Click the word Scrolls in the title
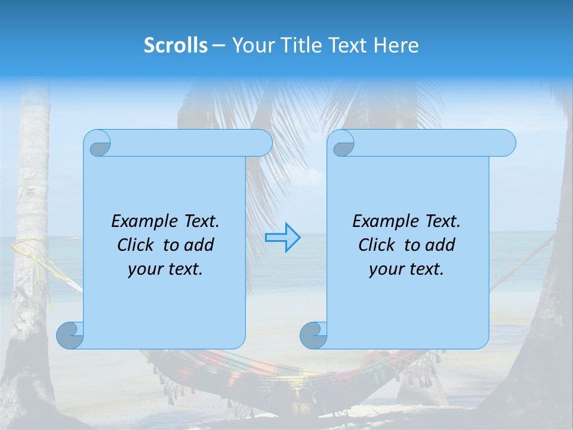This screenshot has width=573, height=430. [176, 45]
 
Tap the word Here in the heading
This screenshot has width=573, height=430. [396, 45]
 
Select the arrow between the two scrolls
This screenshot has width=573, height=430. [282, 237]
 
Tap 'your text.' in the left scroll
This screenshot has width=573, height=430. [165, 269]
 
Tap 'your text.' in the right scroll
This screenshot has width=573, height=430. [406, 269]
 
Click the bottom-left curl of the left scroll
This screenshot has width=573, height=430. [70, 335]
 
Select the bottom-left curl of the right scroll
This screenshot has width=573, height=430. [313, 335]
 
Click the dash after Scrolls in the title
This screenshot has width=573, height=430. [219, 45]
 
